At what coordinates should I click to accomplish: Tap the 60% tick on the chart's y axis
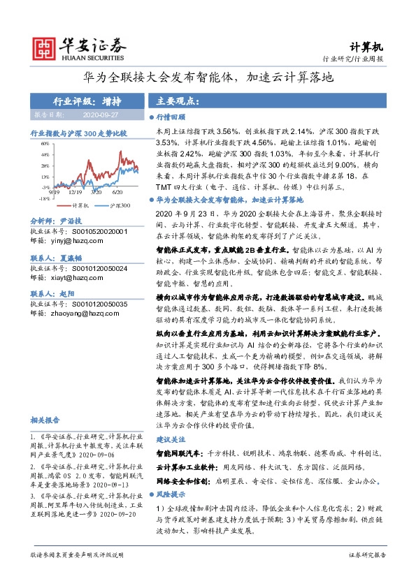tap(44, 143)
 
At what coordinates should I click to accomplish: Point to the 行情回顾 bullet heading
tap(170, 118)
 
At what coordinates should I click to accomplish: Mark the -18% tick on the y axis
tap(43, 198)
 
